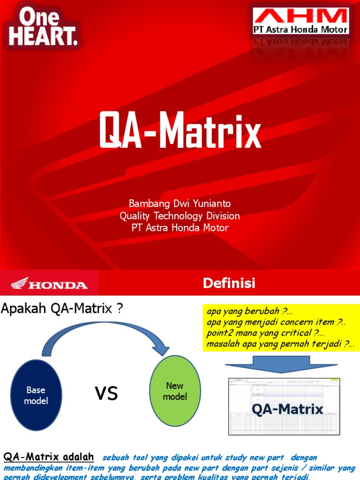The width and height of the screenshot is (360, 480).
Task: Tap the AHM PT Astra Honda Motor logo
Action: (x=301, y=21)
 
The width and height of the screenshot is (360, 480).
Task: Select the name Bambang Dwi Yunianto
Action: (x=180, y=204)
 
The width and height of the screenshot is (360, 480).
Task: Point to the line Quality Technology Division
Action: (x=180, y=216)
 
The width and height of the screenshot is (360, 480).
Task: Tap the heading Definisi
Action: (x=229, y=283)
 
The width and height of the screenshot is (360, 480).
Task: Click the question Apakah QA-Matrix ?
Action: (x=62, y=309)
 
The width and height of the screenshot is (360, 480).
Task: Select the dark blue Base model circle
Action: (x=36, y=395)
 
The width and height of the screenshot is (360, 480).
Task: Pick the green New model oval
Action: (x=175, y=391)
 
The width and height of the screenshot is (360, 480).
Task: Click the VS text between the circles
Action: (x=106, y=394)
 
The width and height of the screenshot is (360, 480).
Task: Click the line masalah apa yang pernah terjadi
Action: (x=280, y=344)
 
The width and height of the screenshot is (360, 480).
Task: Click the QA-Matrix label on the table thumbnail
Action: (x=287, y=409)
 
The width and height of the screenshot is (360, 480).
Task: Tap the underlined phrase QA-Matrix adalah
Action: (x=49, y=457)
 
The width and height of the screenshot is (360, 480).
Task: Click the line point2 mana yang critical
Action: (x=265, y=333)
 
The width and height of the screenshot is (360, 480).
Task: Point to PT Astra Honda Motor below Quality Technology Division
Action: (x=180, y=228)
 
